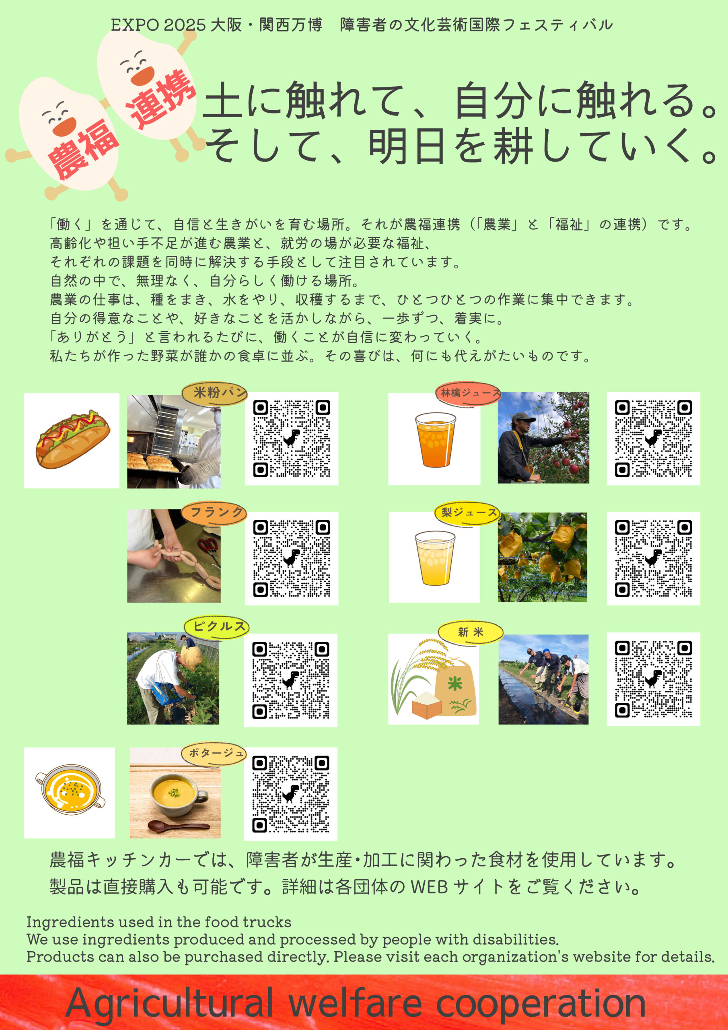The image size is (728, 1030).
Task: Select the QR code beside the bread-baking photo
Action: tap(292, 438)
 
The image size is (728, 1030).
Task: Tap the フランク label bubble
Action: tap(214, 513)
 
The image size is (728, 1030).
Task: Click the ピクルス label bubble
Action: tap(217, 627)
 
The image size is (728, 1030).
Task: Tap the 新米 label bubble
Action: tap(471, 632)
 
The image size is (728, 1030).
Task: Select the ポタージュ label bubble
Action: tap(214, 754)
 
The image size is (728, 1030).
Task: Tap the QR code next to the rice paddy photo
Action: tap(653, 679)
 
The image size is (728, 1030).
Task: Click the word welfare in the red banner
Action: tap(354, 1003)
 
